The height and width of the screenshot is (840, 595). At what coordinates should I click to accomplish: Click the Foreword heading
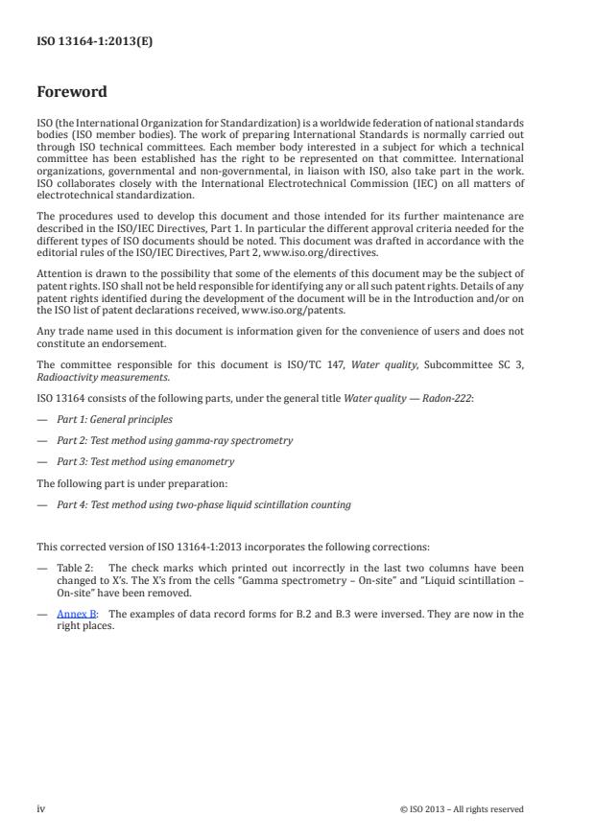[x=72, y=92]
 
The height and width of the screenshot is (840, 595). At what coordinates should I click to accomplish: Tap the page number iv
[x=41, y=808]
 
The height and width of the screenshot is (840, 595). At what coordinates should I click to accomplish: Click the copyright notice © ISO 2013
[x=462, y=809]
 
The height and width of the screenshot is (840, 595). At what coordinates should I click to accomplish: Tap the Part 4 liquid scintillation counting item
[x=203, y=504]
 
